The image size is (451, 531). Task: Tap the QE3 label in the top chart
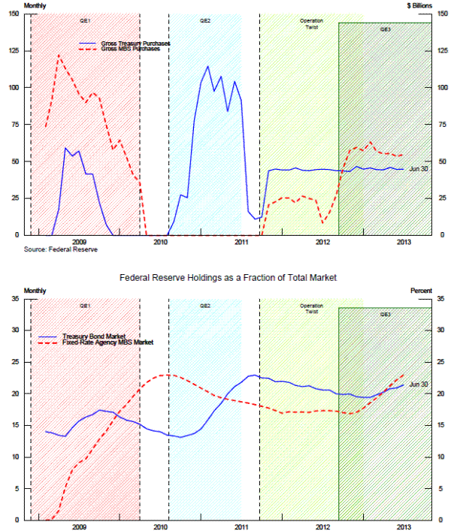(x=385, y=29)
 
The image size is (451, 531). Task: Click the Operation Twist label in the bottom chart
(x=311, y=308)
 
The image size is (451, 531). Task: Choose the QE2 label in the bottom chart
(x=204, y=306)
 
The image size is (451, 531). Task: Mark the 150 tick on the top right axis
(x=440, y=14)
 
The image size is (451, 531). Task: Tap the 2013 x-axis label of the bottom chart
(x=403, y=526)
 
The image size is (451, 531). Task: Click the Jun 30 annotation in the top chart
(x=419, y=169)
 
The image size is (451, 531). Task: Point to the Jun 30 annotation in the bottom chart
(x=419, y=385)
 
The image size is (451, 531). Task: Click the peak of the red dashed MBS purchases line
(x=59, y=54)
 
